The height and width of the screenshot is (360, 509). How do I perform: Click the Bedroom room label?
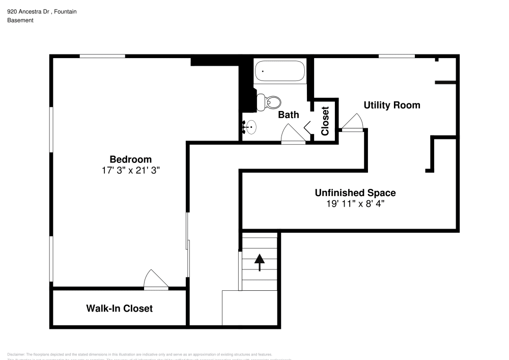click(x=131, y=159)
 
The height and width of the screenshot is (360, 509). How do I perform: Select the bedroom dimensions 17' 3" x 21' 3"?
click(x=131, y=171)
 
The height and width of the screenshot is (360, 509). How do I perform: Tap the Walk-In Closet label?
click(x=119, y=309)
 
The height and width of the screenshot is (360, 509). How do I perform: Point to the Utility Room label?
click(x=391, y=105)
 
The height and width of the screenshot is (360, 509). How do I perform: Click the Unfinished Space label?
click(x=355, y=193)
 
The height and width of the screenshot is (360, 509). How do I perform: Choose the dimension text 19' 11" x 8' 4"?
click(x=355, y=204)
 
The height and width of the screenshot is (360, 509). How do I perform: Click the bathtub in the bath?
click(x=280, y=71)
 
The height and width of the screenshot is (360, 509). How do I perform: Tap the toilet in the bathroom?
click(x=269, y=102)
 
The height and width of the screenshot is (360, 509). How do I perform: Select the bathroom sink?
click(x=250, y=127)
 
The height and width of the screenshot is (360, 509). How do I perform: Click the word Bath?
click(x=288, y=115)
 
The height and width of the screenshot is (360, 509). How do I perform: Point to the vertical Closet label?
click(x=325, y=121)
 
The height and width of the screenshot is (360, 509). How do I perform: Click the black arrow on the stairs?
click(x=260, y=262)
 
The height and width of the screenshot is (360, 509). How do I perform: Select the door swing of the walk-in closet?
click(x=155, y=280)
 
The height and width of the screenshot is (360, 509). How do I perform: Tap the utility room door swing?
click(x=352, y=122)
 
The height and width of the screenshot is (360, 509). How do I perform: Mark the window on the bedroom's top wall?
click(x=102, y=56)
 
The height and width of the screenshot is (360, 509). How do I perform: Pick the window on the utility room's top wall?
click(x=396, y=56)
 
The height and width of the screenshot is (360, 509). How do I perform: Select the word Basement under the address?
click(x=20, y=20)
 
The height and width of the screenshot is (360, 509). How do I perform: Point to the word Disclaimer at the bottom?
click(x=16, y=354)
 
